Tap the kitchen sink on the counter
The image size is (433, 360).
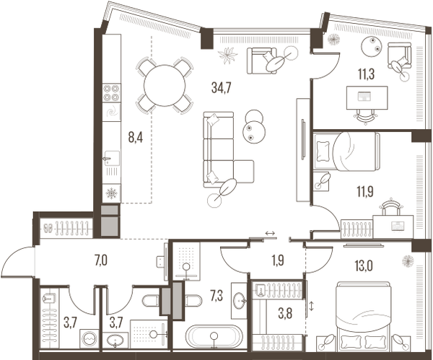112,158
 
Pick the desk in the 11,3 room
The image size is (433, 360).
367,96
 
